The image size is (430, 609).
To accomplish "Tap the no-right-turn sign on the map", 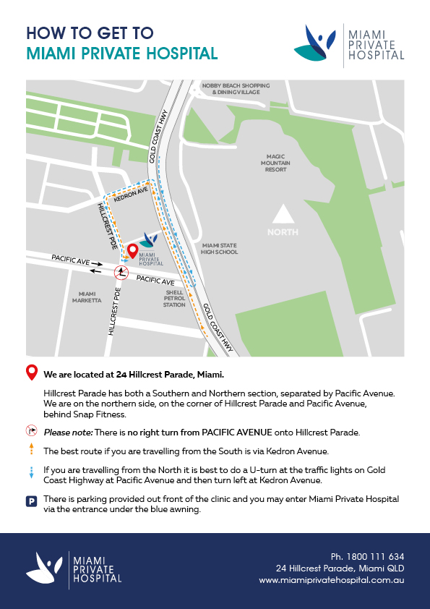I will [122, 272].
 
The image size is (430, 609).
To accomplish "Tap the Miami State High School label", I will [220, 248].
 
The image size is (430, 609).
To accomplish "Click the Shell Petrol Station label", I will [174, 299].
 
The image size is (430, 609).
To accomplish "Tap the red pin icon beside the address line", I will [31, 373].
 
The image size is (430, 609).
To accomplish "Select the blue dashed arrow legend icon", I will [31, 472].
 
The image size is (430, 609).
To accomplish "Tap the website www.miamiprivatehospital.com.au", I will [331, 580].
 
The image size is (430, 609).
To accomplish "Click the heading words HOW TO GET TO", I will [90, 33].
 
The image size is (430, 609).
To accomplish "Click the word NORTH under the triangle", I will [283, 232].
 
